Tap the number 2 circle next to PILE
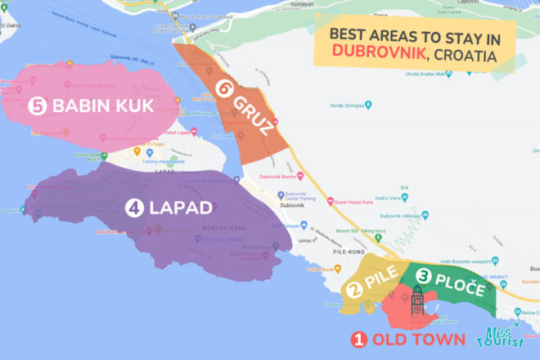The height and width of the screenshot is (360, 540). (354, 289)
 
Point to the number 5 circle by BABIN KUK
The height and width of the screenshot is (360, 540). (37, 106)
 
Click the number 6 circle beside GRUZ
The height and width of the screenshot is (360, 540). (223, 88)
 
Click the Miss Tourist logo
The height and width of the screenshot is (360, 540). (503, 337)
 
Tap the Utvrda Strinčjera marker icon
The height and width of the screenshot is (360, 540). (369, 105)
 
